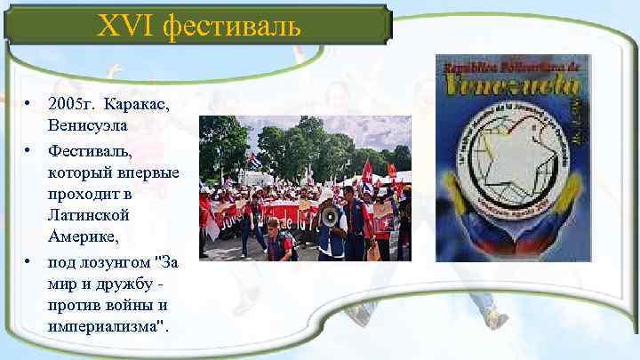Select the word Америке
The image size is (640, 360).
[85, 236]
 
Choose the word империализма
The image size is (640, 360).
[106, 327]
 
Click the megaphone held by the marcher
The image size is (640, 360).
[330, 215]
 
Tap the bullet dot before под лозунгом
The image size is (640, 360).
[28, 262]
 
